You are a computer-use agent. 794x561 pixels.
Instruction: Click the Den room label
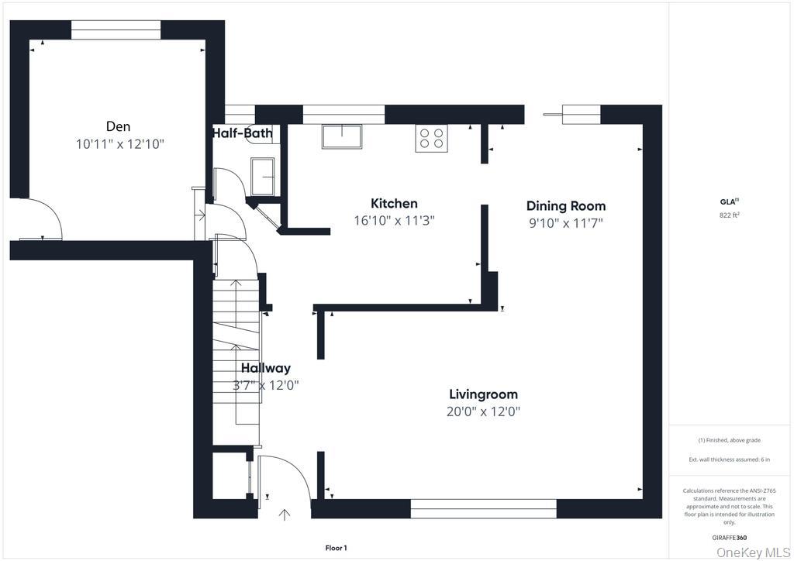118,126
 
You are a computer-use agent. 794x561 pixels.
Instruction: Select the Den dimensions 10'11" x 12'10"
120,144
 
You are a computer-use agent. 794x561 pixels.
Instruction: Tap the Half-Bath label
242,133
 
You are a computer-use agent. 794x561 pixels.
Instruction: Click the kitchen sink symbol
342,136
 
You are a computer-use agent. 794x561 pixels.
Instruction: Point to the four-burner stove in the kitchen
431,138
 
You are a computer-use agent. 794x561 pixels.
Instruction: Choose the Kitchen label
394,203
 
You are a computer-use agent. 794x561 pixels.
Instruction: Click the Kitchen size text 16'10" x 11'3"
394,221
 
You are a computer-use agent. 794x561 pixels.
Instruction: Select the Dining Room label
565,206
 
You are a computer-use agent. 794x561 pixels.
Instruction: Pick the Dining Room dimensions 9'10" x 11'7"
565,223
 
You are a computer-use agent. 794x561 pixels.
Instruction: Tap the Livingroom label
484,394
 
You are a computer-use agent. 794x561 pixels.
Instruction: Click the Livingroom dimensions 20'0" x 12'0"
484,411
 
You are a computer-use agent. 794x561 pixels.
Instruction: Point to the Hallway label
265,368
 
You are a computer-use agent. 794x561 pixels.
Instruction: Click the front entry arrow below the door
285,515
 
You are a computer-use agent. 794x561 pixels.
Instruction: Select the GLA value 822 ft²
729,215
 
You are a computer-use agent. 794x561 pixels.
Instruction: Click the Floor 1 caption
336,548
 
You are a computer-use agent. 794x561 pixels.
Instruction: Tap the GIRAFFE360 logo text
729,538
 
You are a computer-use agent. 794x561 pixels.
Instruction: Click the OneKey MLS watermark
754,552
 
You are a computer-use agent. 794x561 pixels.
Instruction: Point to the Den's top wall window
116,30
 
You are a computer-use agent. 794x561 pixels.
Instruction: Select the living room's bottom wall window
483,509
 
